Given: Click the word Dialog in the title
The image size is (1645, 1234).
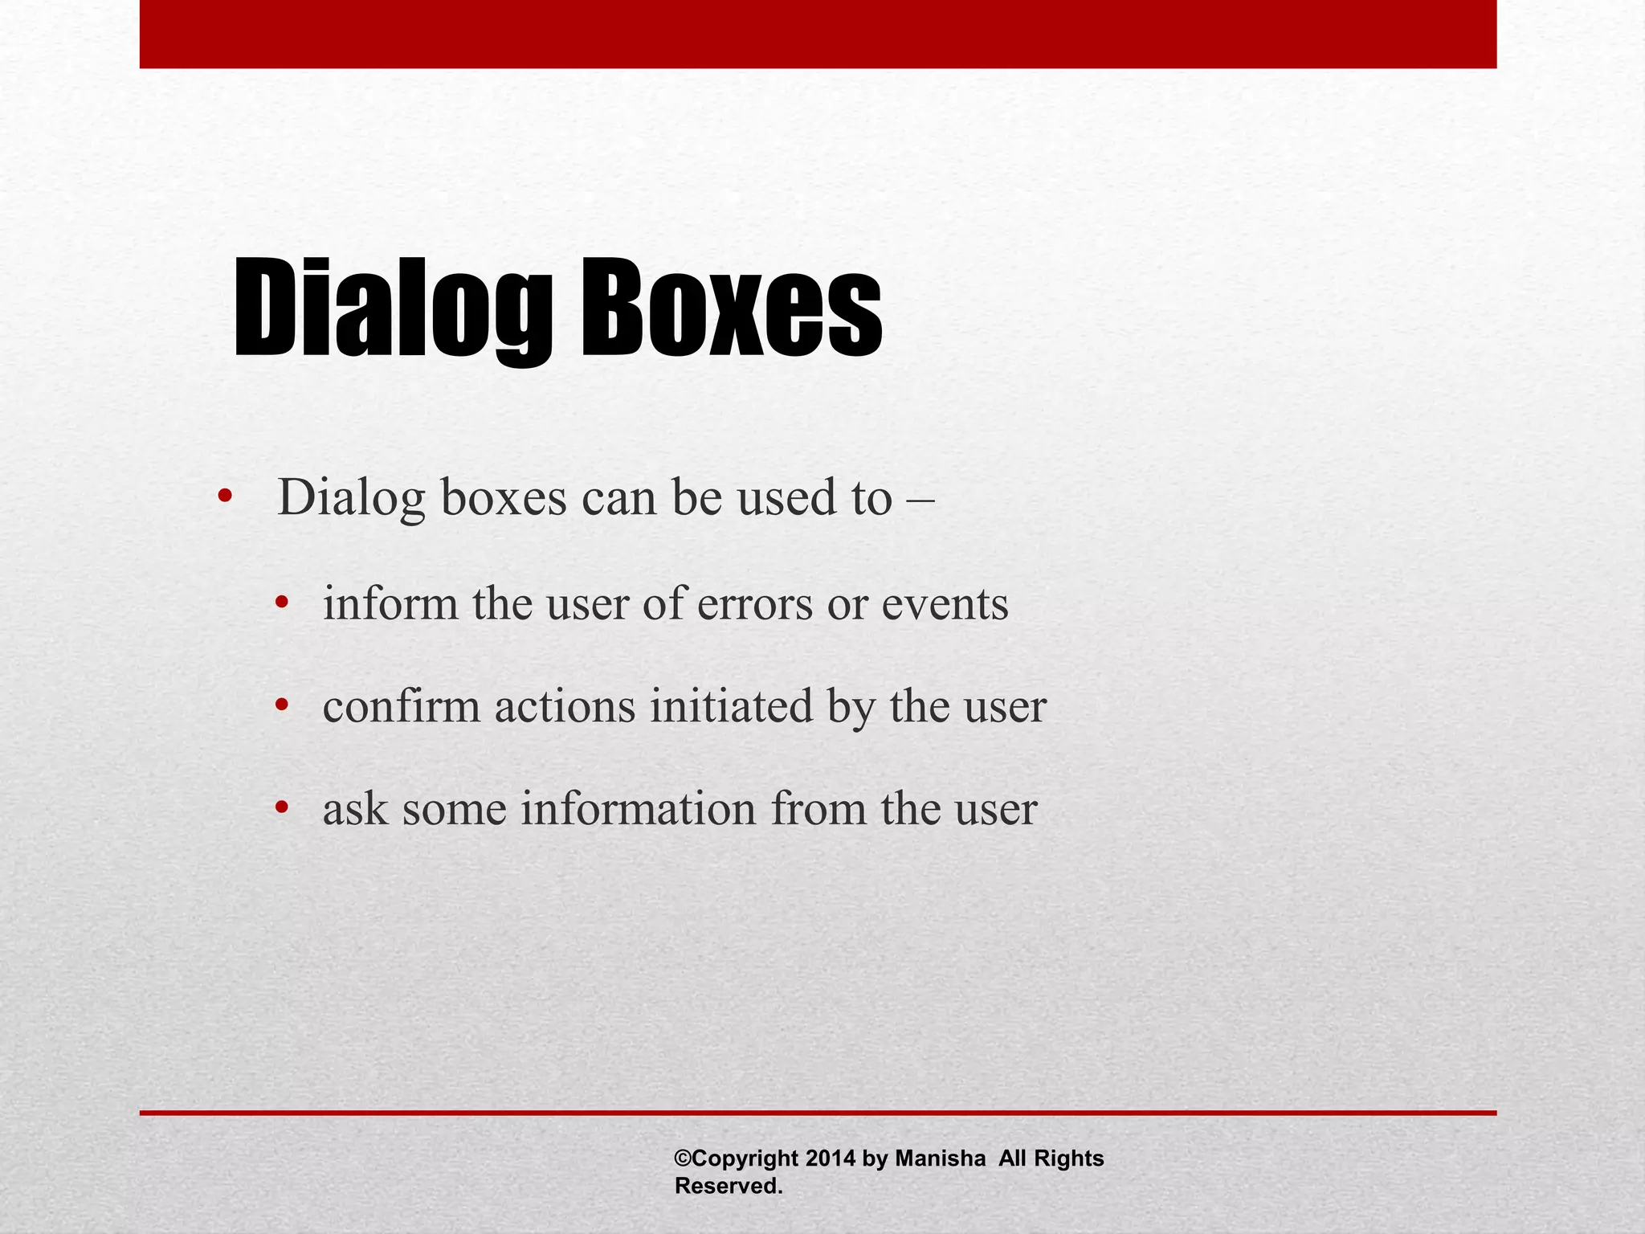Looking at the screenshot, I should pos(392,309).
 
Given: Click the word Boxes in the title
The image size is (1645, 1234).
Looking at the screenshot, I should pos(731,309).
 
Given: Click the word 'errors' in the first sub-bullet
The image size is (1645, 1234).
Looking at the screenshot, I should pos(755,604).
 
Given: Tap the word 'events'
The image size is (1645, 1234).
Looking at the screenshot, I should pos(945,604).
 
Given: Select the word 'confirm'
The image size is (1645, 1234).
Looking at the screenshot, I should pos(401,707).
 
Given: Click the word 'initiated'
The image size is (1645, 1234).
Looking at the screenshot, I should pos(731,707).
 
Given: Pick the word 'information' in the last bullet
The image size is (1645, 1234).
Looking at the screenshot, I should pos(639,808).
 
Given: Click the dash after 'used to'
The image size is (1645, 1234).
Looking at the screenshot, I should pos(920,498).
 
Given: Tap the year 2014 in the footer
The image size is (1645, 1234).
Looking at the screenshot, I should pos(831,1158).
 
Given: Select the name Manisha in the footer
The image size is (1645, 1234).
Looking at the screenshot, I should pos(940,1158).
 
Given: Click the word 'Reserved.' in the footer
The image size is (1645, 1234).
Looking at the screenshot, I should pos(729,1186).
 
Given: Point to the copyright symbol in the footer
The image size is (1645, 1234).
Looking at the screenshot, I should pos(682,1158).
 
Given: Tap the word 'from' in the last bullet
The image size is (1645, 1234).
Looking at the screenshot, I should pos(818,808).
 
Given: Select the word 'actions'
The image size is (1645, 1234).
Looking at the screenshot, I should pos(565,707).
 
